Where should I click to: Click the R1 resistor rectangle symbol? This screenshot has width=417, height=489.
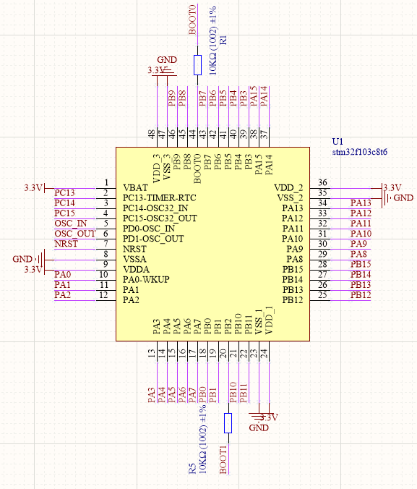click(197, 65)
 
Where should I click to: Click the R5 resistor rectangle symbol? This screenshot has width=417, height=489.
click(228, 423)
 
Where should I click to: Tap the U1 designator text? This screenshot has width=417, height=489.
click(338, 142)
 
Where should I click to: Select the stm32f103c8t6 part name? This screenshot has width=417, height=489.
click(360, 152)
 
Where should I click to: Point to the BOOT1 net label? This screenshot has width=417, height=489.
click(223, 459)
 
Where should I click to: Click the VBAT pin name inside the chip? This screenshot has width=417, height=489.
click(136, 188)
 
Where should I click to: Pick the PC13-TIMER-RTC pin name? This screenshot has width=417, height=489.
click(159, 198)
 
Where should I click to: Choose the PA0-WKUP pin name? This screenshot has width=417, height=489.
click(146, 279)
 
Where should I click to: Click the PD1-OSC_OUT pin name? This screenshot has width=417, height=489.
click(153, 239)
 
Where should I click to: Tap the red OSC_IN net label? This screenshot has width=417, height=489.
click(71, 224)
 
